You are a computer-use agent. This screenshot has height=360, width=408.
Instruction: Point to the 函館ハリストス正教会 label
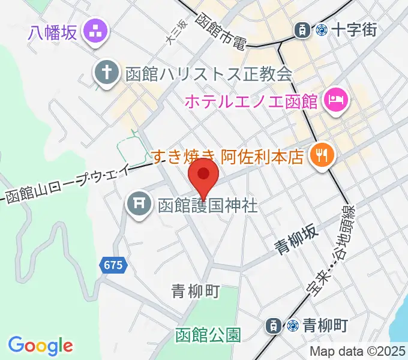coord(208,74)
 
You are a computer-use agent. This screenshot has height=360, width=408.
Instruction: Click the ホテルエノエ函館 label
coord(250,100)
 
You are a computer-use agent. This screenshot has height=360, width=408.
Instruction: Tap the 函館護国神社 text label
coord(208,206)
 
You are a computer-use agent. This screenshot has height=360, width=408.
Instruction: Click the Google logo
coord(40,346)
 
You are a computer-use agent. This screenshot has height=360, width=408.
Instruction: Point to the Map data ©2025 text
coord(358,351)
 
